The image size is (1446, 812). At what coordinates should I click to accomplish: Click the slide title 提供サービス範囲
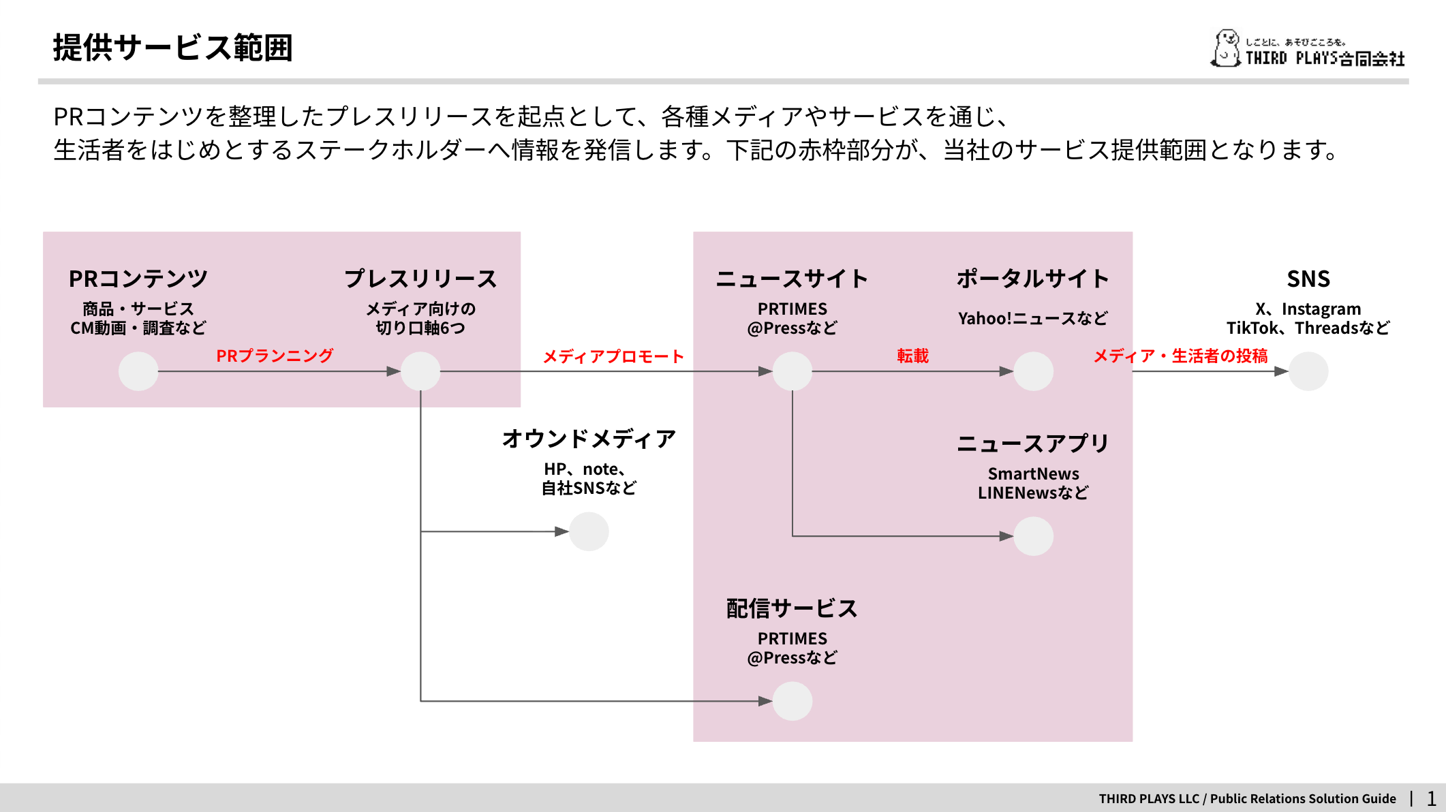coord(172,48)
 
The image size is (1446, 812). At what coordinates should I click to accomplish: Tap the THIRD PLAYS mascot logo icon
coord(1226,48)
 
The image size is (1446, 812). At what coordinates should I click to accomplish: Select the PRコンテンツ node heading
coord(138,279)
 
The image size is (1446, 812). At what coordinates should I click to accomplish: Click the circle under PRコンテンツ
coord(138,371)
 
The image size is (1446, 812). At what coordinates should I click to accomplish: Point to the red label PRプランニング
coord(275,356)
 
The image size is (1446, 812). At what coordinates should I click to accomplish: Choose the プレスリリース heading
coord(420,279)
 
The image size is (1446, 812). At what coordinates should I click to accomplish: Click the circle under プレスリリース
coord(420,371)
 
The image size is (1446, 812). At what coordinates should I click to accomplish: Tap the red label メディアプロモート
coord(613,356)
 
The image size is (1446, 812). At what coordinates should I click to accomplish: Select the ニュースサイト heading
coord(792,279)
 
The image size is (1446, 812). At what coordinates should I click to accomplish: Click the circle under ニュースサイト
coord(792,371)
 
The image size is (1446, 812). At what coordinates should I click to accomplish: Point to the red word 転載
coord(912,356)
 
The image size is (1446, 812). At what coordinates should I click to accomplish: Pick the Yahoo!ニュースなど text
coord(1033,318)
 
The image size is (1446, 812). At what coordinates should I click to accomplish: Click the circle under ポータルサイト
coord(1033,371)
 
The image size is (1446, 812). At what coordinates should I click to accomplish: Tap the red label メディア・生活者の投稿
coord(1181,356)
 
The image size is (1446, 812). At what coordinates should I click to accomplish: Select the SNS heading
coord(1308,279)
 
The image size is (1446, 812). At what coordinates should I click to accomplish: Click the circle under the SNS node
coord(1308,371)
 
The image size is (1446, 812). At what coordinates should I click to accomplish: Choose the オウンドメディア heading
coord(589,439)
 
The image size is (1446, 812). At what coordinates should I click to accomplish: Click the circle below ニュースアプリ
coord(1033,536)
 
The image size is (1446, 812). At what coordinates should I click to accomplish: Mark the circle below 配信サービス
coord(792,701)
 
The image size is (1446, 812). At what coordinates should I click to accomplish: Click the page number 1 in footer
coord(1432,798)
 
